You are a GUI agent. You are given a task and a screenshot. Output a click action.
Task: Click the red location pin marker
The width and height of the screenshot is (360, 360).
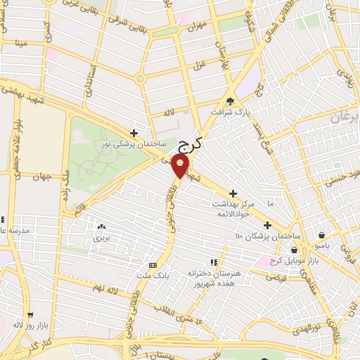(x=181, y=166)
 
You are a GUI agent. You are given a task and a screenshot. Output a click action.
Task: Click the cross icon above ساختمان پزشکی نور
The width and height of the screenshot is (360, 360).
(x=134, y=132)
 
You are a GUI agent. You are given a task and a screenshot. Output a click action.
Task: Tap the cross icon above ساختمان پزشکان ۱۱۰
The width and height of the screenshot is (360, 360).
(x=267, y=225)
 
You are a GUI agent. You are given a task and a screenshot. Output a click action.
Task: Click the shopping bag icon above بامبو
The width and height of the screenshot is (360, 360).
(x=322, y=235)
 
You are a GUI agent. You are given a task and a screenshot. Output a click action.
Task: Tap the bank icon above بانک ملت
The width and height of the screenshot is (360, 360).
(x=153, y=265)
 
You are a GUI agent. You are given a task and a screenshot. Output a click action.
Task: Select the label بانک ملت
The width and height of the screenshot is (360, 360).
(x=153, y=276)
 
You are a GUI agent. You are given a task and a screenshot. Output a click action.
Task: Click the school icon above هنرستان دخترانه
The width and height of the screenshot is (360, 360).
(x=214, y=262)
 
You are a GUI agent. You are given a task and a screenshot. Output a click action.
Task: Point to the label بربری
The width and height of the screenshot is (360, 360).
(x=102, y=238)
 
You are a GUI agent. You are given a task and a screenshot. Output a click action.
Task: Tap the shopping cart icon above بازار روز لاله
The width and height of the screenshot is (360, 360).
(x=29, y=316)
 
